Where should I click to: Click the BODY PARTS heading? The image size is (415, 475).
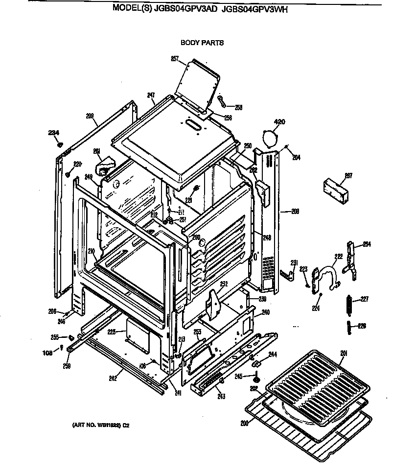point(202,43)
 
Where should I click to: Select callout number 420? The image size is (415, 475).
point(279,121)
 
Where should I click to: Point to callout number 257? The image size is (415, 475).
point(175,59)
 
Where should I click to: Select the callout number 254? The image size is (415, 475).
point(367,244)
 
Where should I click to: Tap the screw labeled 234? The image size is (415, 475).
point(59,144)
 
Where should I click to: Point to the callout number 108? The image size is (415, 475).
point(47,352)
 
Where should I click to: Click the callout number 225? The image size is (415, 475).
point(111,332)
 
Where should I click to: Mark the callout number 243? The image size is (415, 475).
point(221,396)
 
